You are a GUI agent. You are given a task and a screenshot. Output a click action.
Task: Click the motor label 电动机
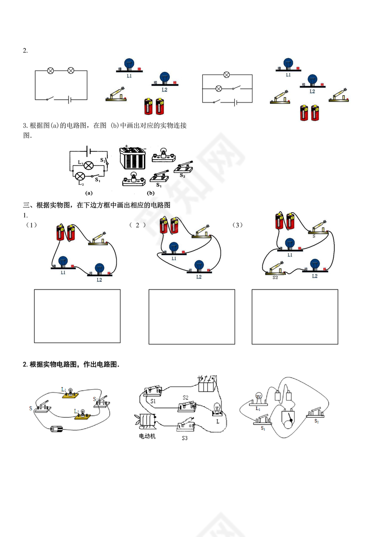pyautogui.click(x=147, y=436)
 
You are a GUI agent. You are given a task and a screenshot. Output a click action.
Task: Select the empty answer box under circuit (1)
pyautogui.click(x=77, y=316)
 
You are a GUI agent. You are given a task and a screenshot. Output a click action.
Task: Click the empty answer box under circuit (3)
pyautogui.click(x=295, y=317)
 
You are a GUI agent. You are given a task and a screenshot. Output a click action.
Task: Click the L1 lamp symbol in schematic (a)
pyautogui.click(x=90, y=165)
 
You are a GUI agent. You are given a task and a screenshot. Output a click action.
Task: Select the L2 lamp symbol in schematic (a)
pyautogui.click(x=80, y=176)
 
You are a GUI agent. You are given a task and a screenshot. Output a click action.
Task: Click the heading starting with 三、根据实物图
pyautogui.click(x=97, y=205)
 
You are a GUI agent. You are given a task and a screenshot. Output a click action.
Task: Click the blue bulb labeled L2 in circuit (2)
pyautogui.click(x=199, y=265)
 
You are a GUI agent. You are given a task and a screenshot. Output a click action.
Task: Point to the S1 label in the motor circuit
pyautogui.click(x=153, y=401)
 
